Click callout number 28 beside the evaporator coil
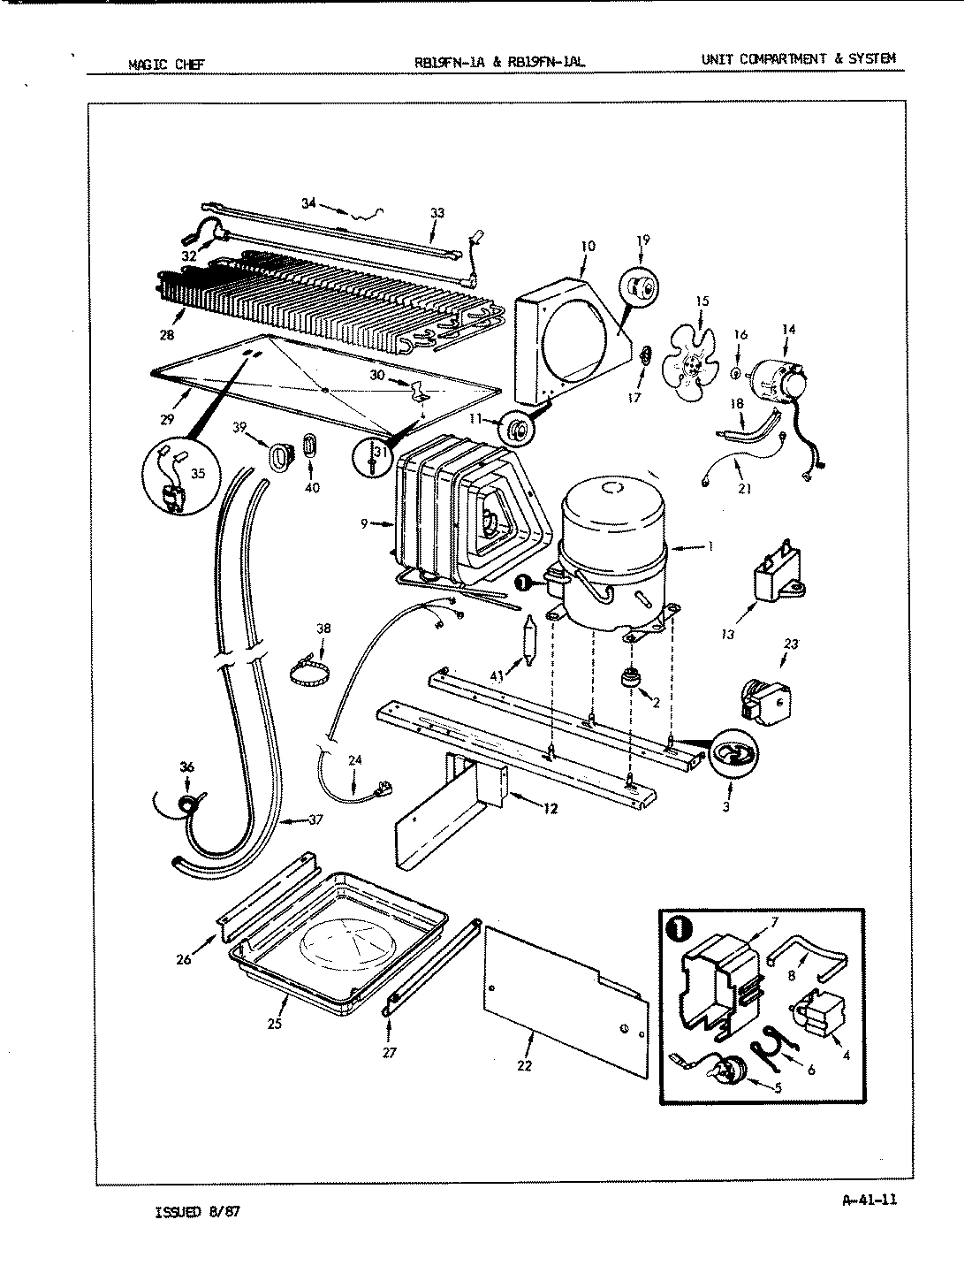coord(167,335)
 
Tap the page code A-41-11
coord(870,1200)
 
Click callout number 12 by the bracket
coord(550,807)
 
